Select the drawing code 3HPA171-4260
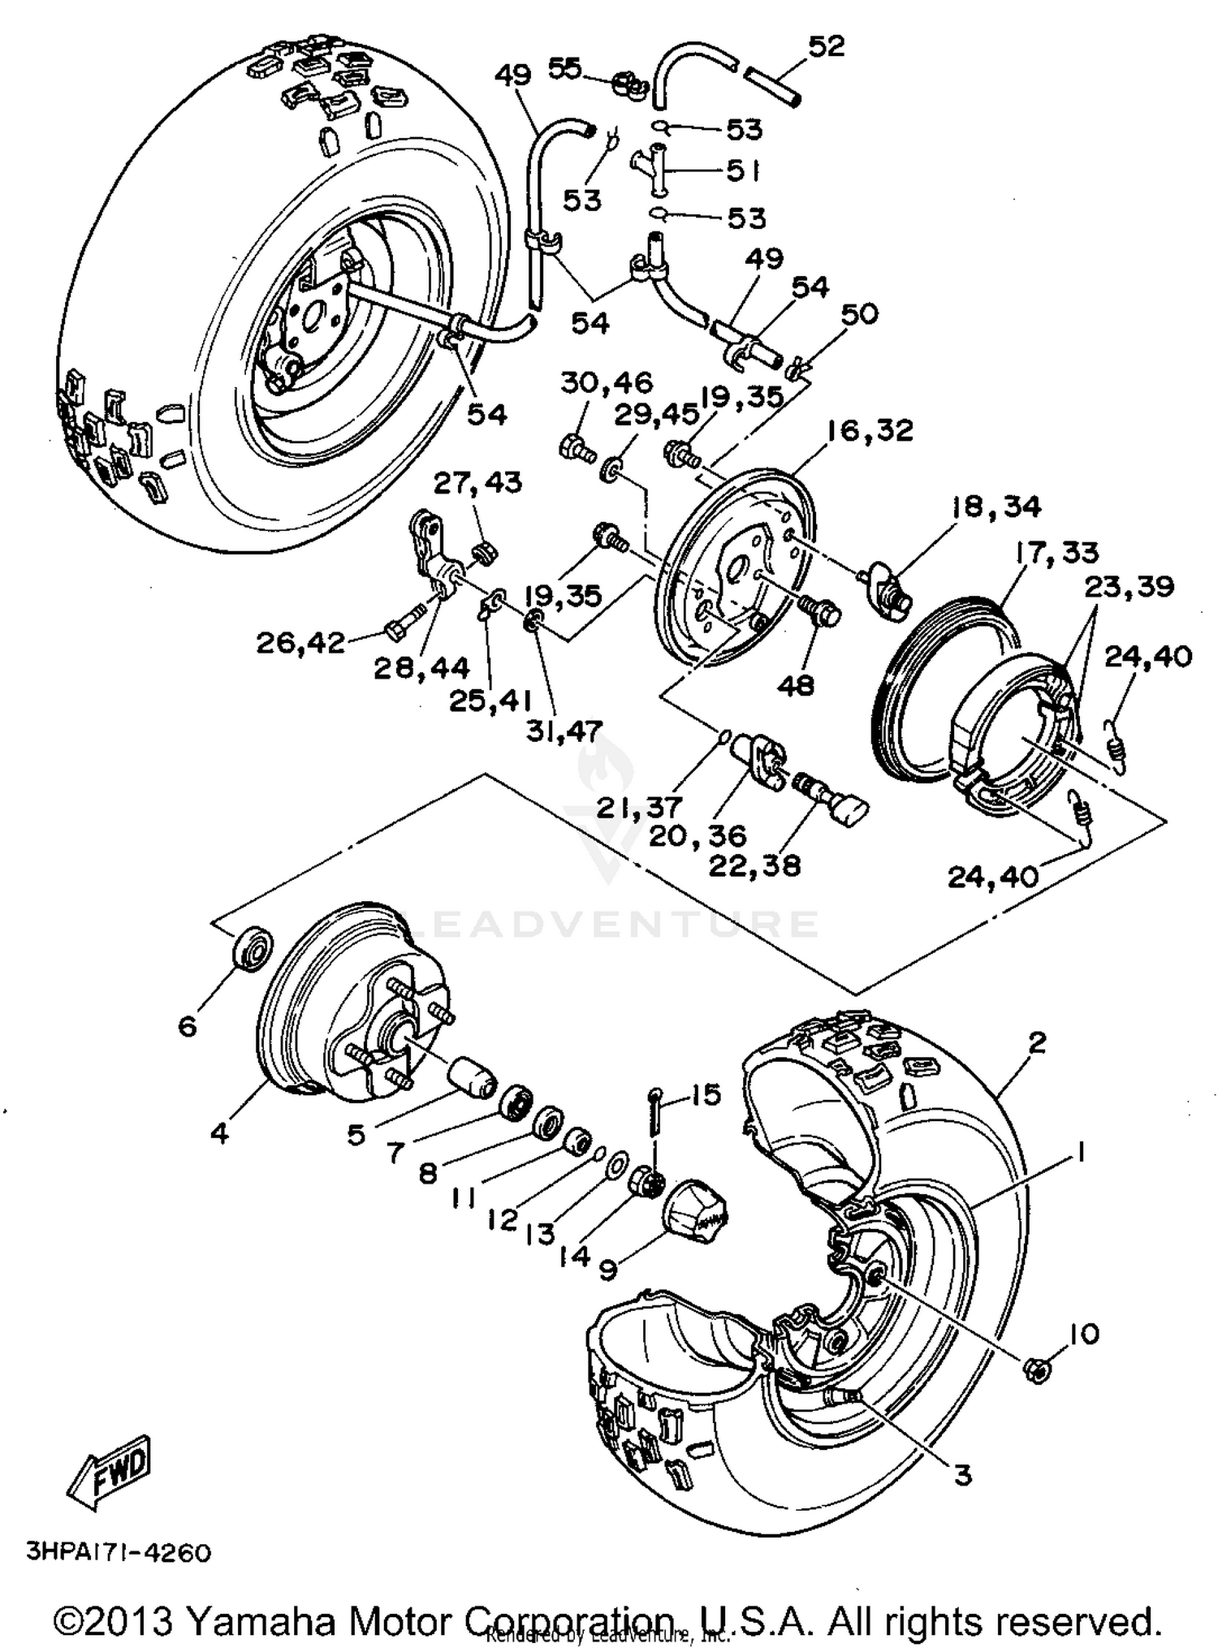click(x=119, y=1551)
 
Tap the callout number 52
click(x=826, y=46)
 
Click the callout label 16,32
click(x=870, y=430)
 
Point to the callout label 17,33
click(x=1056, y=553)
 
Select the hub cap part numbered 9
click(x=695, y=1213)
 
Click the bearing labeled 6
click(x=253, y=947)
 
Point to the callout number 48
click(x=795, y=686)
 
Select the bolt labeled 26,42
click(x=405, y=630)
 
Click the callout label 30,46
click(x=607, y=382)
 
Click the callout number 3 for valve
click(x=962, y=1475)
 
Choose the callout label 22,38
click(x=754, y=865)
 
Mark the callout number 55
click(x=564, y=68)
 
